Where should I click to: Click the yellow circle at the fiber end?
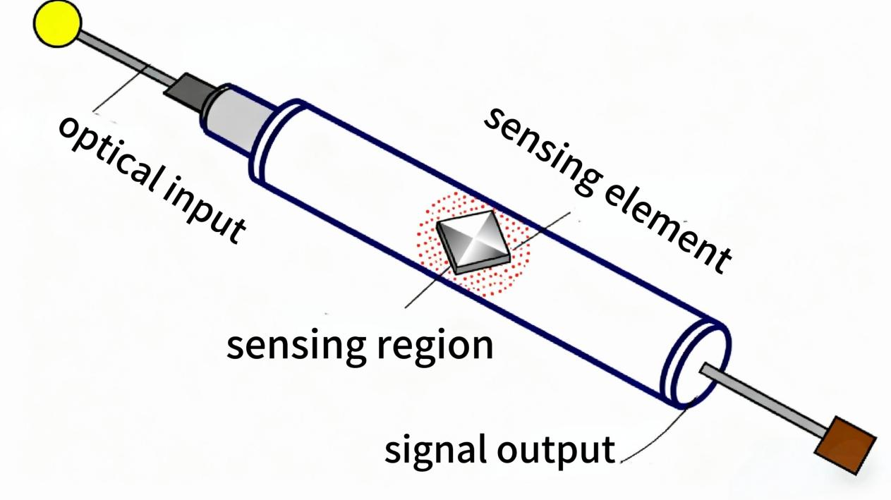[x=57, y=23]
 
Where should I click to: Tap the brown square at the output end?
[x=845, y=444]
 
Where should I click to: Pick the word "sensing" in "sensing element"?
[x=539, y=147]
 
